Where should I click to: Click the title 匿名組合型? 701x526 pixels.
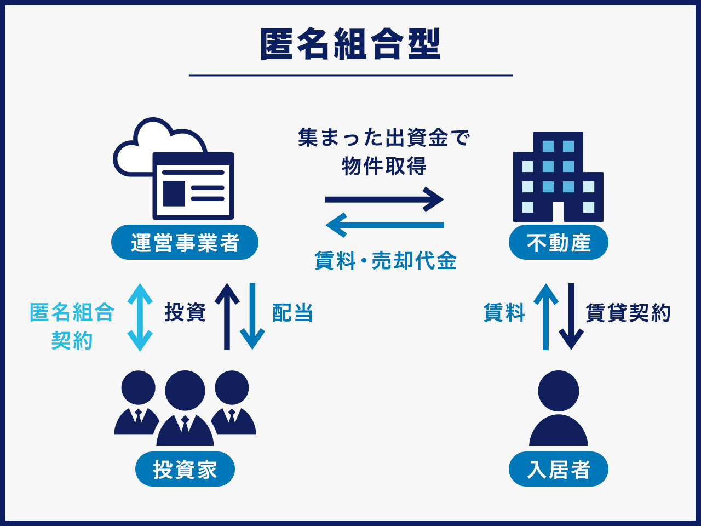(x=350, y=44)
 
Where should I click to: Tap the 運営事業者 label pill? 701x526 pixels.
(x=185, y=243)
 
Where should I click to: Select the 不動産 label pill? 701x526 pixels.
(x=558, y=243)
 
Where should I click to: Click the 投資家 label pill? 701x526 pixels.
(x=185, y=470)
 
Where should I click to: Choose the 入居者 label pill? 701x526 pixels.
(x=558, y=470)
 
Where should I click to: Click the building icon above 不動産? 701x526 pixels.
(x=558, y=178)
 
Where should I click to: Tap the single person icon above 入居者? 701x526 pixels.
(x=558, y=408)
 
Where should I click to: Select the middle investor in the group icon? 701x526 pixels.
(x=185, y=408)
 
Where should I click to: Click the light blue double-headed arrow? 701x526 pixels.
(x=140, y=317)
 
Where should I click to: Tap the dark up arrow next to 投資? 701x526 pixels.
(x=227, y=317)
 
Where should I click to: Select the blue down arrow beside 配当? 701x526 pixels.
(x=252, y=317)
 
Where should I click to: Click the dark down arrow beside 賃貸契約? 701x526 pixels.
(x=571, y=317)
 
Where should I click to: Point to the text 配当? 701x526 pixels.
(x=292, y=313)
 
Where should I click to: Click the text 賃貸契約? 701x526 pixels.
(x=628, y=313)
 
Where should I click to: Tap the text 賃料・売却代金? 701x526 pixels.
(x=385, y=261)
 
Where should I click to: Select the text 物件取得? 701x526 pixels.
(x=384, y=165)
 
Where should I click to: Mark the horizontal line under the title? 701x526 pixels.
(x=350, y=75)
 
